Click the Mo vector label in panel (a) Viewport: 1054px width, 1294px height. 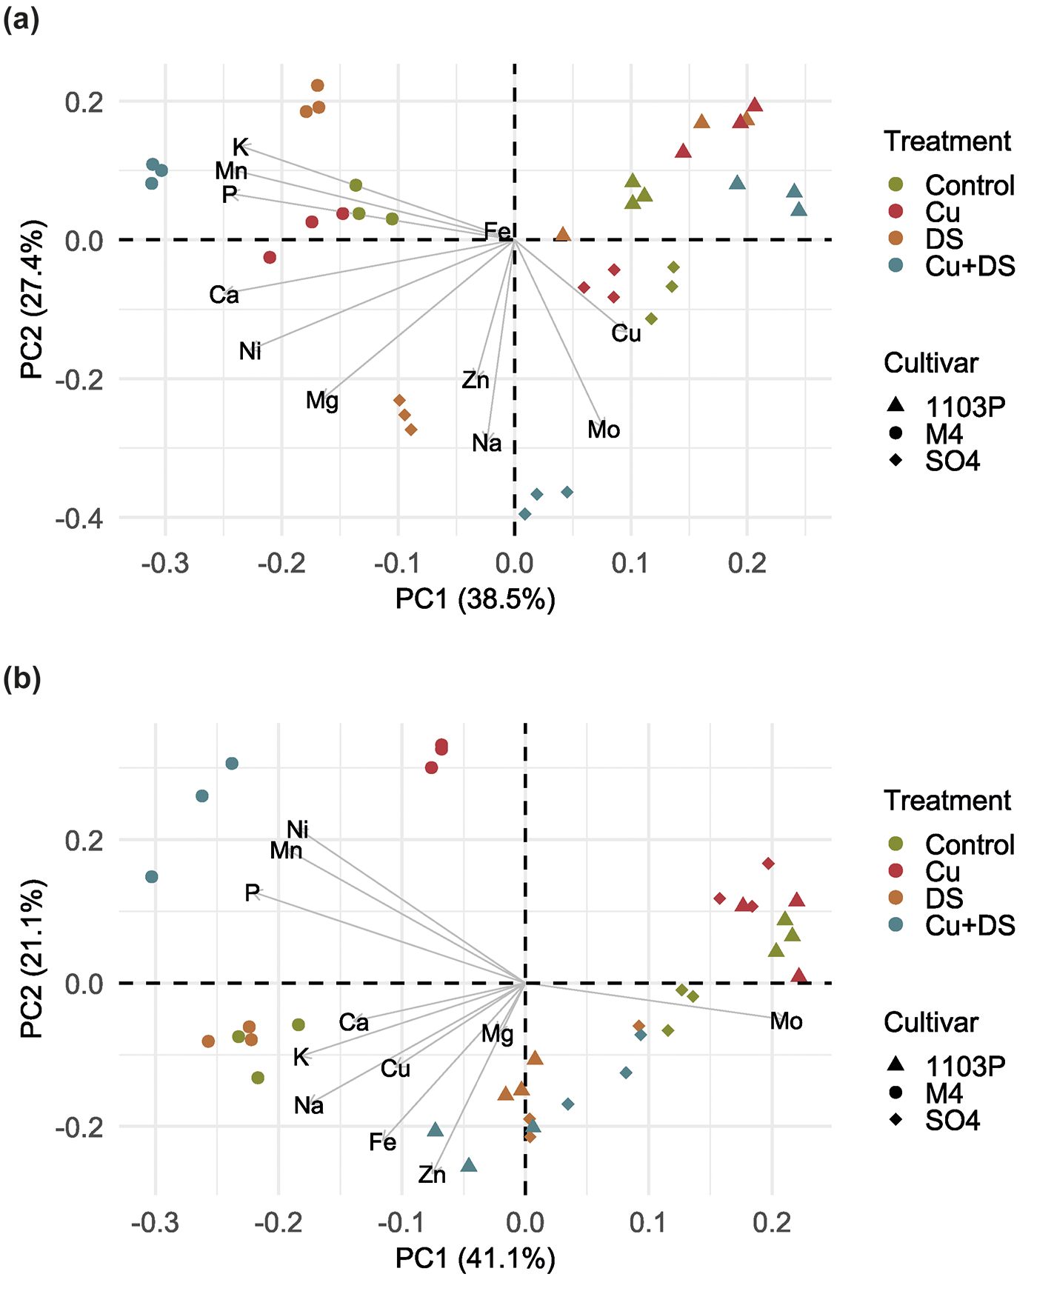pyautogui.click(x=604, y=430)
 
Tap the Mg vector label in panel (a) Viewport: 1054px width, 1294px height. pyautogui.click(x=322, y=401)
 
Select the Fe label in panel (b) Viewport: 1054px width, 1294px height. pyautogui.click(x=382, y=1142)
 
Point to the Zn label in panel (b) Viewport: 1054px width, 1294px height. pyautogui.click(x=432, y=1175)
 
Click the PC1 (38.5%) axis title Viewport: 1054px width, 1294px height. pyautogui.click(x=475, y=598)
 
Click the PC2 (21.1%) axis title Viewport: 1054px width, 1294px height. pyautogui.click(x=33, y=958)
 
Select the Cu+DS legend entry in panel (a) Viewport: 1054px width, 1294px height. pyautogui.click(x=969, y=266)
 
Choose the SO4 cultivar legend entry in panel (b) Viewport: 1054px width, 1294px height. pyautogui.click(x=952, y=1120)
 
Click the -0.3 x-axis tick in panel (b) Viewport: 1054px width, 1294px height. pyautogui.click(x=155, y=1223)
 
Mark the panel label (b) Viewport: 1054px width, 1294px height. pyautogui.click(x=21, y=678)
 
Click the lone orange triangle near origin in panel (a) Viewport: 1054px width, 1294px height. pyautogui.click(x=563, y=235)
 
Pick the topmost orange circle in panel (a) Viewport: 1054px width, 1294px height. pyautogui.click(x=318, y=86)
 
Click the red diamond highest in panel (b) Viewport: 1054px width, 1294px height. pyautogui.click(x=768, y=864)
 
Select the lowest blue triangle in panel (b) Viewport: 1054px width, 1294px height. pyautogui.click(x=469, y=1166)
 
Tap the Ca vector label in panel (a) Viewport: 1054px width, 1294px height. pyautogui.click(x=224, y=295)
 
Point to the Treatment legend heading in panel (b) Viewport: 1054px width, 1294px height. pyautogui.click(x=947, y=801)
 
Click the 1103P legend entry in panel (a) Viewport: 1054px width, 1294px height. pyautogui.click(x=965, y=407)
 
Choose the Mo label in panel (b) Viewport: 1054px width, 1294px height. pyautogui.click(x=786, y=1021)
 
